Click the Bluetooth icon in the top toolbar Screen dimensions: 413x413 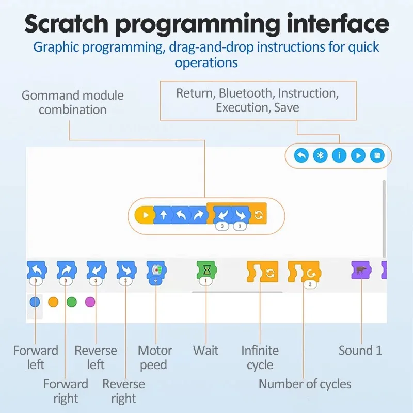tap(320, 155)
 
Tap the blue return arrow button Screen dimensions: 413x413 tap(301, 155)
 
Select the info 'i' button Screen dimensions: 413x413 tap(339, 155)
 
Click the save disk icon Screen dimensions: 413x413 tap(377, 155)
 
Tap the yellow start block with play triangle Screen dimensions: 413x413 tap(144, 215)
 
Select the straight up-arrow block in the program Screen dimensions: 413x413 tap(163, 215)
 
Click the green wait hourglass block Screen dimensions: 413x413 tap(206, 270)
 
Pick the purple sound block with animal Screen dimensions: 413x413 tap(360, 269)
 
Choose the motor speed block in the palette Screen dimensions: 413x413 tap(155, 271)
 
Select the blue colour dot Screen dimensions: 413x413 tap(35, 302)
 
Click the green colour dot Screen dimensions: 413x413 tap(72, 302)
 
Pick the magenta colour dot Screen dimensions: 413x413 tap(90, 302)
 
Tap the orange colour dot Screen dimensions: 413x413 tap(53, 302)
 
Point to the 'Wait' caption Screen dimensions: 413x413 tap(205, 351)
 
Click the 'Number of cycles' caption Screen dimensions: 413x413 tap(305, 384)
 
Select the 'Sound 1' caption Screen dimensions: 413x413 tap(360, 351)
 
